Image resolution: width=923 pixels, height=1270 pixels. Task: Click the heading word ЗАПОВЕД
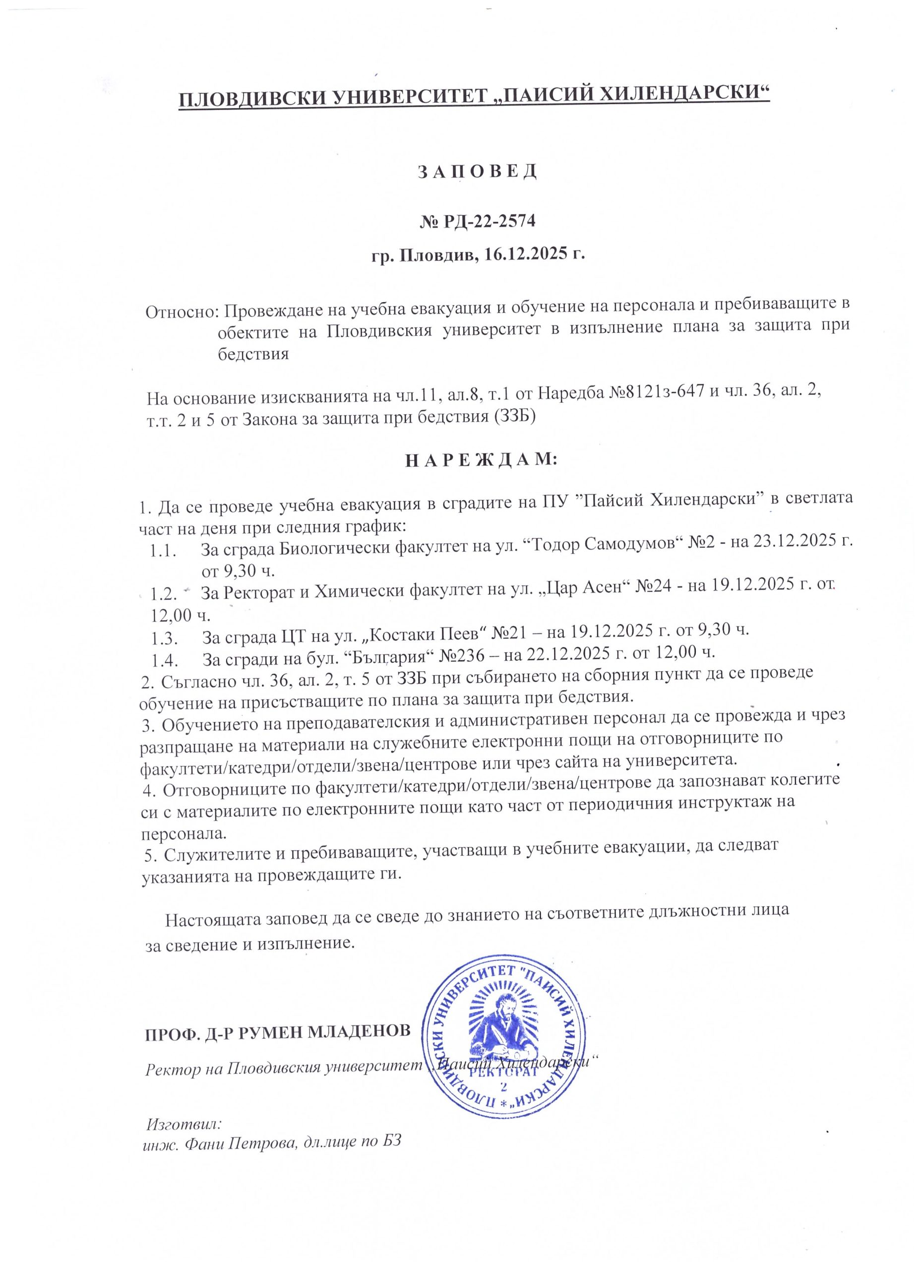tap(478, 171)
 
